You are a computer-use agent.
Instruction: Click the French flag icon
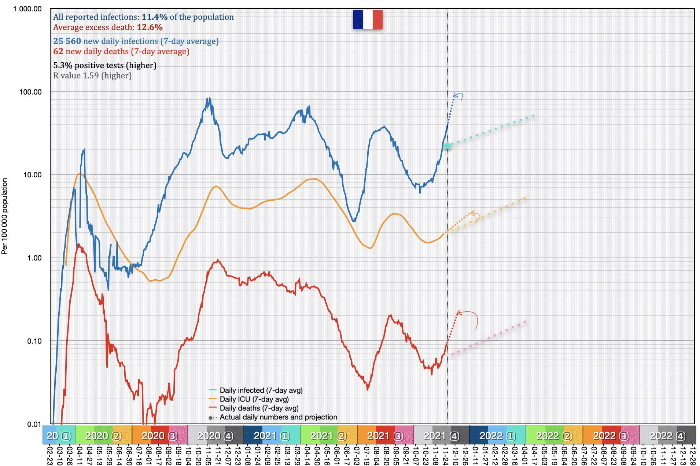pyautogui.click(x=368, y=20)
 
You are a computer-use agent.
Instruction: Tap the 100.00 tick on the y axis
pyautogui.click(x=30, y=92)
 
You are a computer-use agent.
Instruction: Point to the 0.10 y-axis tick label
pyautogui.click(x=34, y=341)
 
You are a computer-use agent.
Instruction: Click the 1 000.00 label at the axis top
pyautogui.click(x=27, y=9)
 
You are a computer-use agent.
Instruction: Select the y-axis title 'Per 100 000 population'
pyautogui.click(x=5, y=216)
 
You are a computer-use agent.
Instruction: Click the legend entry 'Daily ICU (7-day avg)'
pyautogui.click(x=254, y=399)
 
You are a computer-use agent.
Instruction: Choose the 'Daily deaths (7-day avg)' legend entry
pyautogui.click(x=259, y=408)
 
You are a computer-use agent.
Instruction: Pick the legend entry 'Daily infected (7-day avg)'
pyautogui.click(x=261, y=391)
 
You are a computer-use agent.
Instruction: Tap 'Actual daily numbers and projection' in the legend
pyautogui.click(x=278, y=417)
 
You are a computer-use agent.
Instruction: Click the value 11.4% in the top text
pyautogui.click(x=154, y=17)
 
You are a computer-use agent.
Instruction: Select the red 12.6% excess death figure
pyautogui.click(x=150, y=27)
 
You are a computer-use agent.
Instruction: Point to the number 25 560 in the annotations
pyautogui.click(x=67, y=41)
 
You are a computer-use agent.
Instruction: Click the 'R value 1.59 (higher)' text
pyautogui.click(x=92, y=76)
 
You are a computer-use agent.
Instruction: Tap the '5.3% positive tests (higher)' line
pyautogui.click(x=105, y=66)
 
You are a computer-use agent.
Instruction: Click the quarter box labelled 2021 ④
pyautogui.click(x=441, y=436)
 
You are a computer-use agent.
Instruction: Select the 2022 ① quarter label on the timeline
pyautogui.click(x=497, y=436)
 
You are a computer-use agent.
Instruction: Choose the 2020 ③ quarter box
pyautogui.click(x=159, y=436)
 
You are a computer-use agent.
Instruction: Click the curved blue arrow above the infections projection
pyautogui.click(x=458, y=96)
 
